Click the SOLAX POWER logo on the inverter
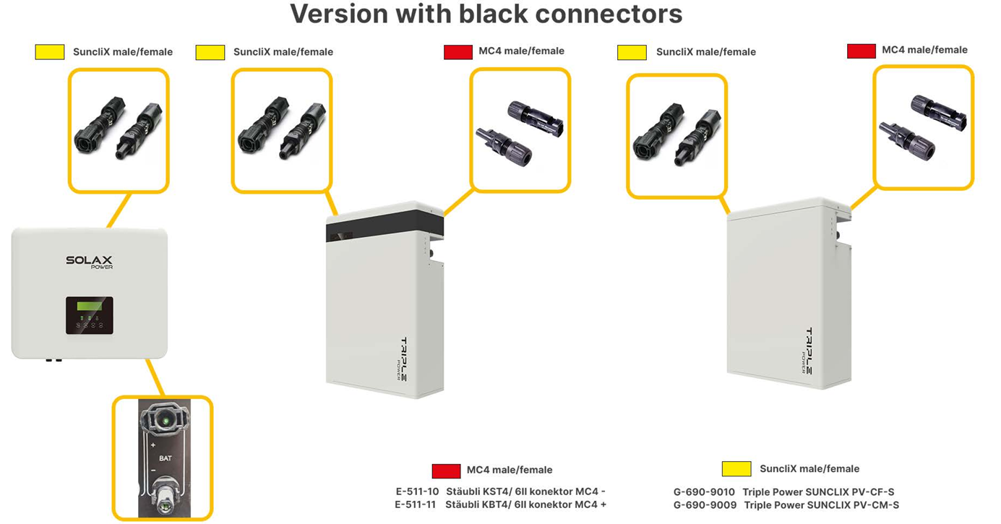(x=89, y=262)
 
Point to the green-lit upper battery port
(x=166, y=419)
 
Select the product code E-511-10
(x=416, y=491)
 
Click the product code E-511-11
(x=415, y=504)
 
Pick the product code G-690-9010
(x=704, y=492)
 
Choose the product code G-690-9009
(x=705, y=505)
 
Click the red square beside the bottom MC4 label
(x=446, y=471)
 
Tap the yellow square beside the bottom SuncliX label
(x=736, y=469)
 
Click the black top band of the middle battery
(x=385, y=229)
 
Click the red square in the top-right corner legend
(x=862, y=51)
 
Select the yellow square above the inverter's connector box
(x=50, y=52)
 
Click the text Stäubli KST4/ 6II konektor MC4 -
(x=525, y=491)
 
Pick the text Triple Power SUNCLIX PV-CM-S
(x=821, y=505)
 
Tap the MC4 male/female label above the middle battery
(x=521, y=51)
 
